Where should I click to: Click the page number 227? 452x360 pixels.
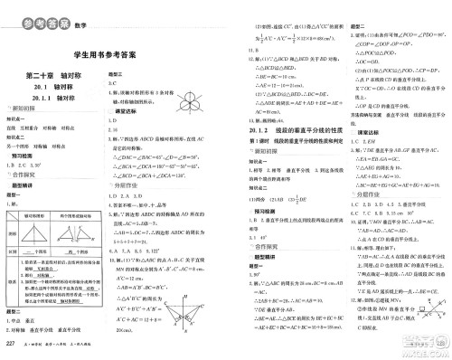point(11,346)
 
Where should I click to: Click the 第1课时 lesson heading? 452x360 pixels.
point(289,143)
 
